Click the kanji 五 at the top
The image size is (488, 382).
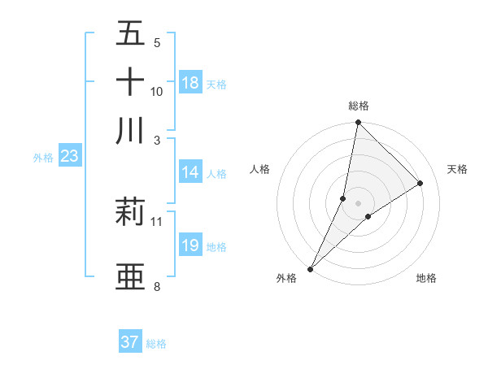130,34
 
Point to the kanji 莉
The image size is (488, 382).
130,211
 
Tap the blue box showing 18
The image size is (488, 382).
190,83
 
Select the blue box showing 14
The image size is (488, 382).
190,171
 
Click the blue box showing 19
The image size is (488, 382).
190,245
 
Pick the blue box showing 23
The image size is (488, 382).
69,157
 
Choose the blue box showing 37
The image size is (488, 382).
130,342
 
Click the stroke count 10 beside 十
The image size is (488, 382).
157,93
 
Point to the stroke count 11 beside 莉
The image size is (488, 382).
157,221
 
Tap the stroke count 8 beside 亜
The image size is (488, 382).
157,287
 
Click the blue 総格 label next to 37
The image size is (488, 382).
156,344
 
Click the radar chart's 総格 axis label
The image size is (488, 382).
358,106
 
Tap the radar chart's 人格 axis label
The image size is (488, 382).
260,169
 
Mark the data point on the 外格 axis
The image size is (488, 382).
310,268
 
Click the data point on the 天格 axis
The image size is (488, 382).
420,184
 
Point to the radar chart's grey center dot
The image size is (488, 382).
358,203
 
